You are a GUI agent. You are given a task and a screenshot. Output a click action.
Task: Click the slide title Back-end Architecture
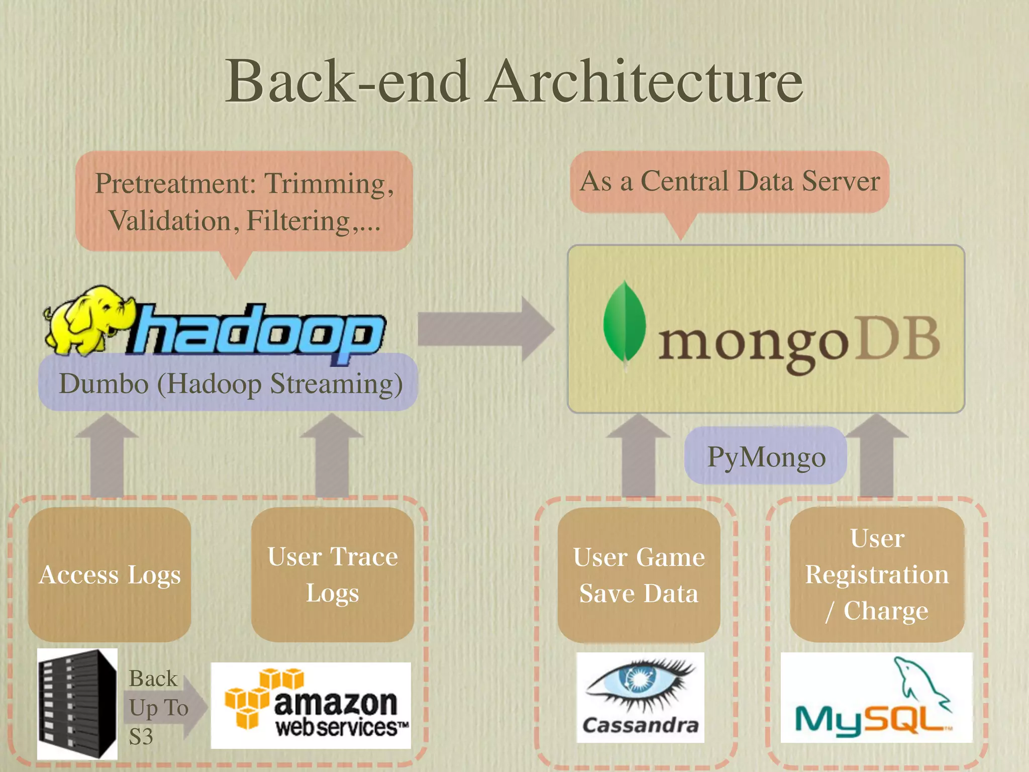513,81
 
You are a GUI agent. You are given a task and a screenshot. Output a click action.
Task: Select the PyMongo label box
766,456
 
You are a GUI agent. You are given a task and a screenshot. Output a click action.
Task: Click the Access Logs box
110,574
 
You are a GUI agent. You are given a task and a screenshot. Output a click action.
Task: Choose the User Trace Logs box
333,574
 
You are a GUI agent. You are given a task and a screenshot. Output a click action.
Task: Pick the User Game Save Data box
639,575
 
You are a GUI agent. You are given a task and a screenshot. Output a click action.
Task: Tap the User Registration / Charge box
877,574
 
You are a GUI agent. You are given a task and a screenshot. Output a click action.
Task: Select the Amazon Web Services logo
311,705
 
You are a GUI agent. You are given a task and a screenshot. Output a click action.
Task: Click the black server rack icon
77,704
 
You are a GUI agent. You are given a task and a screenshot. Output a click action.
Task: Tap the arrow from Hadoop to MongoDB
485,329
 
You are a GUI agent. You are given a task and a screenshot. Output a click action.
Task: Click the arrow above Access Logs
107,455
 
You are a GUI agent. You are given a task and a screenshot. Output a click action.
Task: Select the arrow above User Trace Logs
332,455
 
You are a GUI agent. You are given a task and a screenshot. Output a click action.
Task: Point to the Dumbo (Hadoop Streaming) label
230,384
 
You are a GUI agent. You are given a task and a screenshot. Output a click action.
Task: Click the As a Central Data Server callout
729,182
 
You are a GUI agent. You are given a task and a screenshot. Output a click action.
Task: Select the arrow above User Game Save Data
638,455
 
